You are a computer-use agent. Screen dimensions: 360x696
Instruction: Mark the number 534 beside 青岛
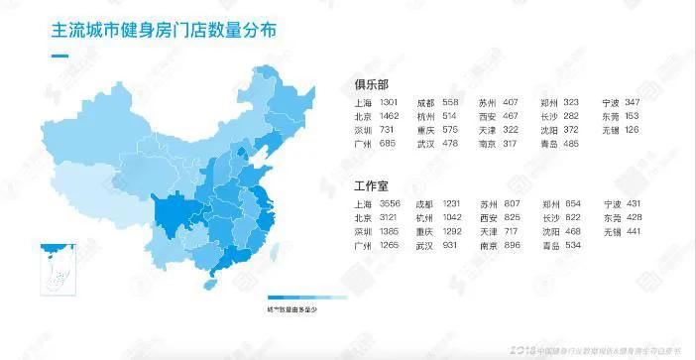click(x=573, y=244)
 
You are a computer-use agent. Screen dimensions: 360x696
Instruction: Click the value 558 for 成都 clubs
click(x=451, y=103)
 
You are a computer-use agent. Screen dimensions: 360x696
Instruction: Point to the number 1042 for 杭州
click(x=454, y=216)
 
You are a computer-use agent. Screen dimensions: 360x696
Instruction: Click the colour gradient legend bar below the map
click(x=306, y=296)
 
